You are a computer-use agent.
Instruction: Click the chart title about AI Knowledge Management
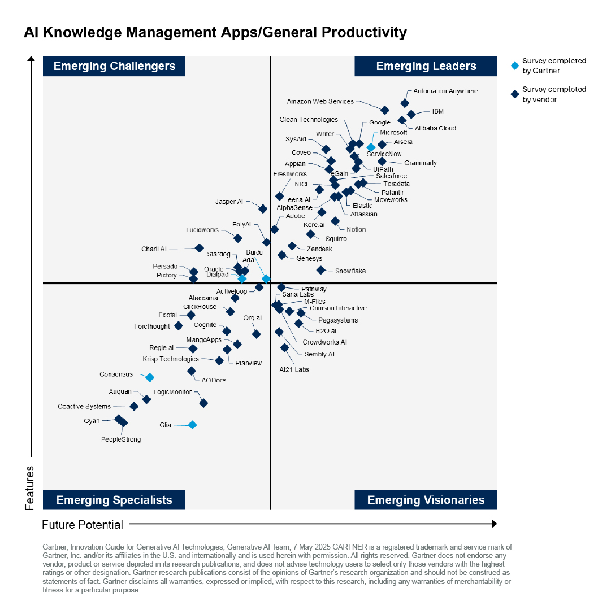215,32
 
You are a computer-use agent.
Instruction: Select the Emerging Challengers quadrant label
114,66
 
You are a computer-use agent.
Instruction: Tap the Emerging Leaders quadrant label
426,66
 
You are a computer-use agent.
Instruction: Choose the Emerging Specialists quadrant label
114,500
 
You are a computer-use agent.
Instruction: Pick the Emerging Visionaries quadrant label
426,500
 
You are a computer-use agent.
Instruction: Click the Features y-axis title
30,488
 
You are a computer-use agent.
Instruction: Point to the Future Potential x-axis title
83,525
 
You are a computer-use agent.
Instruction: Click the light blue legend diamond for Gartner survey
514,66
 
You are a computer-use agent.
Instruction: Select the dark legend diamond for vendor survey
514,94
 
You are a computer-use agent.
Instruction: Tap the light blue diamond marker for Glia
192,425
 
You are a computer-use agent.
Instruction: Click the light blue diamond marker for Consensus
150,377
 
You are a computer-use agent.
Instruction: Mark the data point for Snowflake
320,270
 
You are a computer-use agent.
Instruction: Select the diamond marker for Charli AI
199,248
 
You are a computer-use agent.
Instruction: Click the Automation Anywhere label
445,91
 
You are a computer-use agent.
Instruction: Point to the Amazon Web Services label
320,102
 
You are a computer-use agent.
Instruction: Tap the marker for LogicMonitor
203,403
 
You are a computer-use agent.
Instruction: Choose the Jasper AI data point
263,208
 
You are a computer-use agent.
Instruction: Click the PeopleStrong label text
121,439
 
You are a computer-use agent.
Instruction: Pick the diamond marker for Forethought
179,325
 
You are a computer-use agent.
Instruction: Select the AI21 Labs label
294,369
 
